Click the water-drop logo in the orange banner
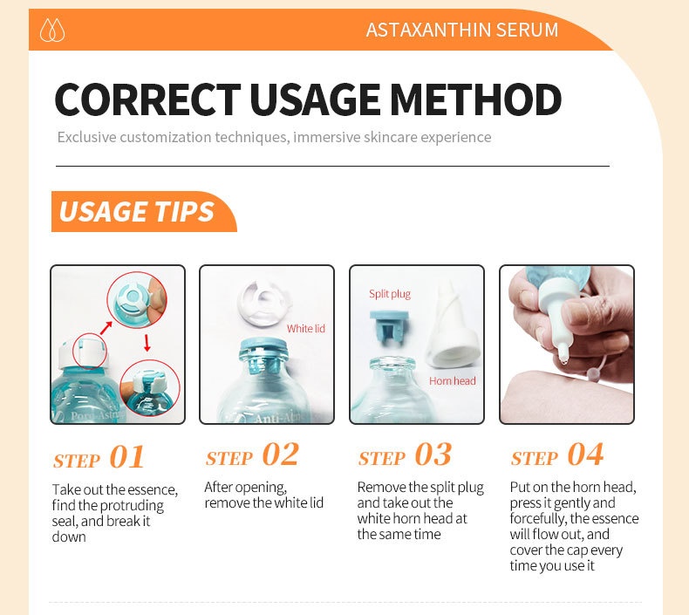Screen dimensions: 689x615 (x=52, y=30)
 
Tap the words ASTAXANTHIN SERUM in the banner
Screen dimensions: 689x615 (x=462, y=30)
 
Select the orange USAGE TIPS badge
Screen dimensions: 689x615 (x=144, y=211)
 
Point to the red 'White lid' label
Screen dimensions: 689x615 (x=306, y=328)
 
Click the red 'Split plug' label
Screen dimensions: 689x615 (x=390, y=294)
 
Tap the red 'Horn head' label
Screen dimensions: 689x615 (x=452, y=380)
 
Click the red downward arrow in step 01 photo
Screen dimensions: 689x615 (x=147, y=343)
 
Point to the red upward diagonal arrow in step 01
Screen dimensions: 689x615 (x=106, y=328)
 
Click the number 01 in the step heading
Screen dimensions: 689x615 (x=126, y=457)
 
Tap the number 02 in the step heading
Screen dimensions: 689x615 (x=280, y=454)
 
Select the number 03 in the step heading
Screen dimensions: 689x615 (x=433, y=454)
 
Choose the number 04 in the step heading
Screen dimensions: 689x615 (x=585, y=454)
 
